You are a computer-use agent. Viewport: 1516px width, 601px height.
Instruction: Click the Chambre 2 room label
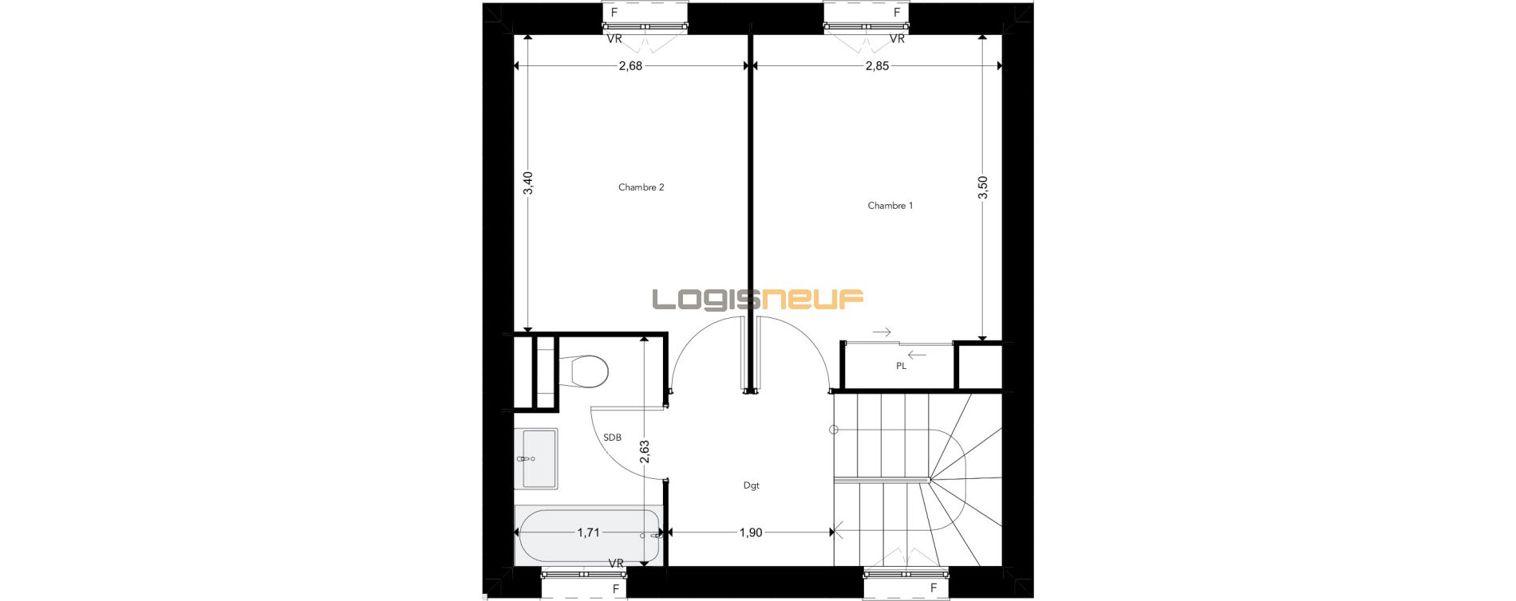[641, 187]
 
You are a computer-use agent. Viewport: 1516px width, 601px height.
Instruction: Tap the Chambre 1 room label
[890, 206]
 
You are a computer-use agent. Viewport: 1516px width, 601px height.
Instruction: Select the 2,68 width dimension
[630, 66]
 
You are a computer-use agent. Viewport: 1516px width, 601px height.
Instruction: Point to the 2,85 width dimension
[877, 66]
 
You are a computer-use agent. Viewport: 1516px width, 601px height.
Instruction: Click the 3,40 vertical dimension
[527, 183]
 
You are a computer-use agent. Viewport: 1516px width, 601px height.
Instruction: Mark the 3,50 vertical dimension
[982, 187]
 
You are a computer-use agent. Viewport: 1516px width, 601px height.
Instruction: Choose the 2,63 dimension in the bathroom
[645, 452]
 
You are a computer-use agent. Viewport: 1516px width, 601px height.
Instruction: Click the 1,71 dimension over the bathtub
[588, 532]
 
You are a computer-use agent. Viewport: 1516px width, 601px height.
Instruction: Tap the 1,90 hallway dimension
[750, 532]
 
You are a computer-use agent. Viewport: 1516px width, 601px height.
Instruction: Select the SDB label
[612, 438]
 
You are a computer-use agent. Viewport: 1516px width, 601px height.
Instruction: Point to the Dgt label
[751, 485]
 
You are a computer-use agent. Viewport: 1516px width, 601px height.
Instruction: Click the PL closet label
[901, 367]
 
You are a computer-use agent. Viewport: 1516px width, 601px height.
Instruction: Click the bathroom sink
[539, 458]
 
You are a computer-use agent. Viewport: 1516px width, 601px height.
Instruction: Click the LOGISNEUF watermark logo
[758, 299]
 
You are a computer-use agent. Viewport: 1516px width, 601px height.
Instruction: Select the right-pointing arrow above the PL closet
[882, 332]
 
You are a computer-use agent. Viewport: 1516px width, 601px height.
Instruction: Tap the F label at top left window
[614, 13]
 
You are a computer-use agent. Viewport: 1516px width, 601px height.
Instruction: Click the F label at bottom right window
[934, 588]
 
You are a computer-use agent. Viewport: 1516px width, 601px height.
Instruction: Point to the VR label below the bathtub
[616, 564]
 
